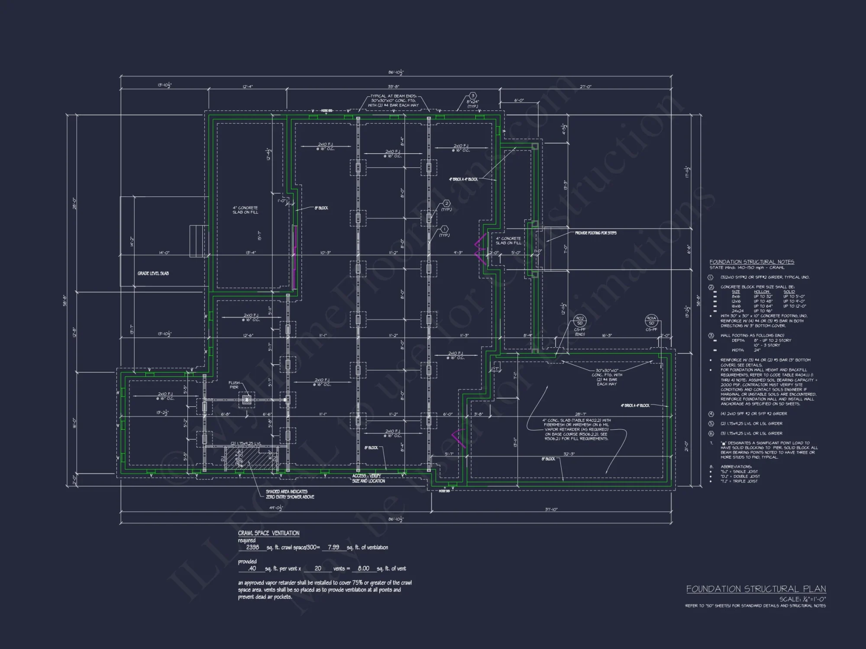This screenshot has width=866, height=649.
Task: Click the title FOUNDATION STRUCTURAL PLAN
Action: pyautogui.click(x=756, y=589)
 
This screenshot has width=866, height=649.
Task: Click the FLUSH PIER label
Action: pyautogui.click(x=234, y=385)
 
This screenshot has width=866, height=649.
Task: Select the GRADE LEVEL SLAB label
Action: pyautogui.click(x=153, y=273)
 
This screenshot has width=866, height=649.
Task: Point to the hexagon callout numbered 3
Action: pyautogui.click(x=472, y=96)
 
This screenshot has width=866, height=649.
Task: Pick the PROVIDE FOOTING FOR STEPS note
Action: pyautogui.click(x=595, y=233)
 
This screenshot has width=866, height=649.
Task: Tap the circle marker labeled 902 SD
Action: pyautogui.click(x=579, y=321)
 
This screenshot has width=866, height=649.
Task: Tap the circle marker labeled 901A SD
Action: pyautogui.click(x=651, y=321)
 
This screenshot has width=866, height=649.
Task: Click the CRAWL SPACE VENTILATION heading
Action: pyautogui.click(x=268, y=533)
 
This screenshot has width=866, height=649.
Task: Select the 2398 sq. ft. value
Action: pyautogui.click(x=252, y=547)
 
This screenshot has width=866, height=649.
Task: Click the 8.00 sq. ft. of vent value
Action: pyautogui.click(x=363, y=569)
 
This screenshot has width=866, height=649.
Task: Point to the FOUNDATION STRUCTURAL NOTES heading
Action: pyautogui.click(x=752, y=262)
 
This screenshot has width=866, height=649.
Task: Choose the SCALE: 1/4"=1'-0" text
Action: pyautogui.click(x=802, y=599)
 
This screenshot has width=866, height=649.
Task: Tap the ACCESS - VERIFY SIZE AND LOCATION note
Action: pyautogui.click(x=368, y=478)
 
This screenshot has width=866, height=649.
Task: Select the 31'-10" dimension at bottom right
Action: pyautogui.click(x=551, y=510)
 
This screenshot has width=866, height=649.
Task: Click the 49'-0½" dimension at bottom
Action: pyautogui.click(x=276, y=508)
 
